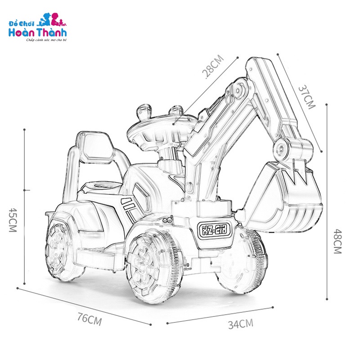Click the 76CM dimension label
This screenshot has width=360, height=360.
(89, 319)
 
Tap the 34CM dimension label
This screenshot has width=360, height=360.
(241, 324)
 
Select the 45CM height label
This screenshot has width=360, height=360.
(13, 220)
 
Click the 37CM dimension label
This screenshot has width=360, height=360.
(307, 97)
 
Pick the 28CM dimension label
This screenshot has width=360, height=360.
(212, 66)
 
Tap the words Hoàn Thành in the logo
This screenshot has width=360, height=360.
(37, 32)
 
